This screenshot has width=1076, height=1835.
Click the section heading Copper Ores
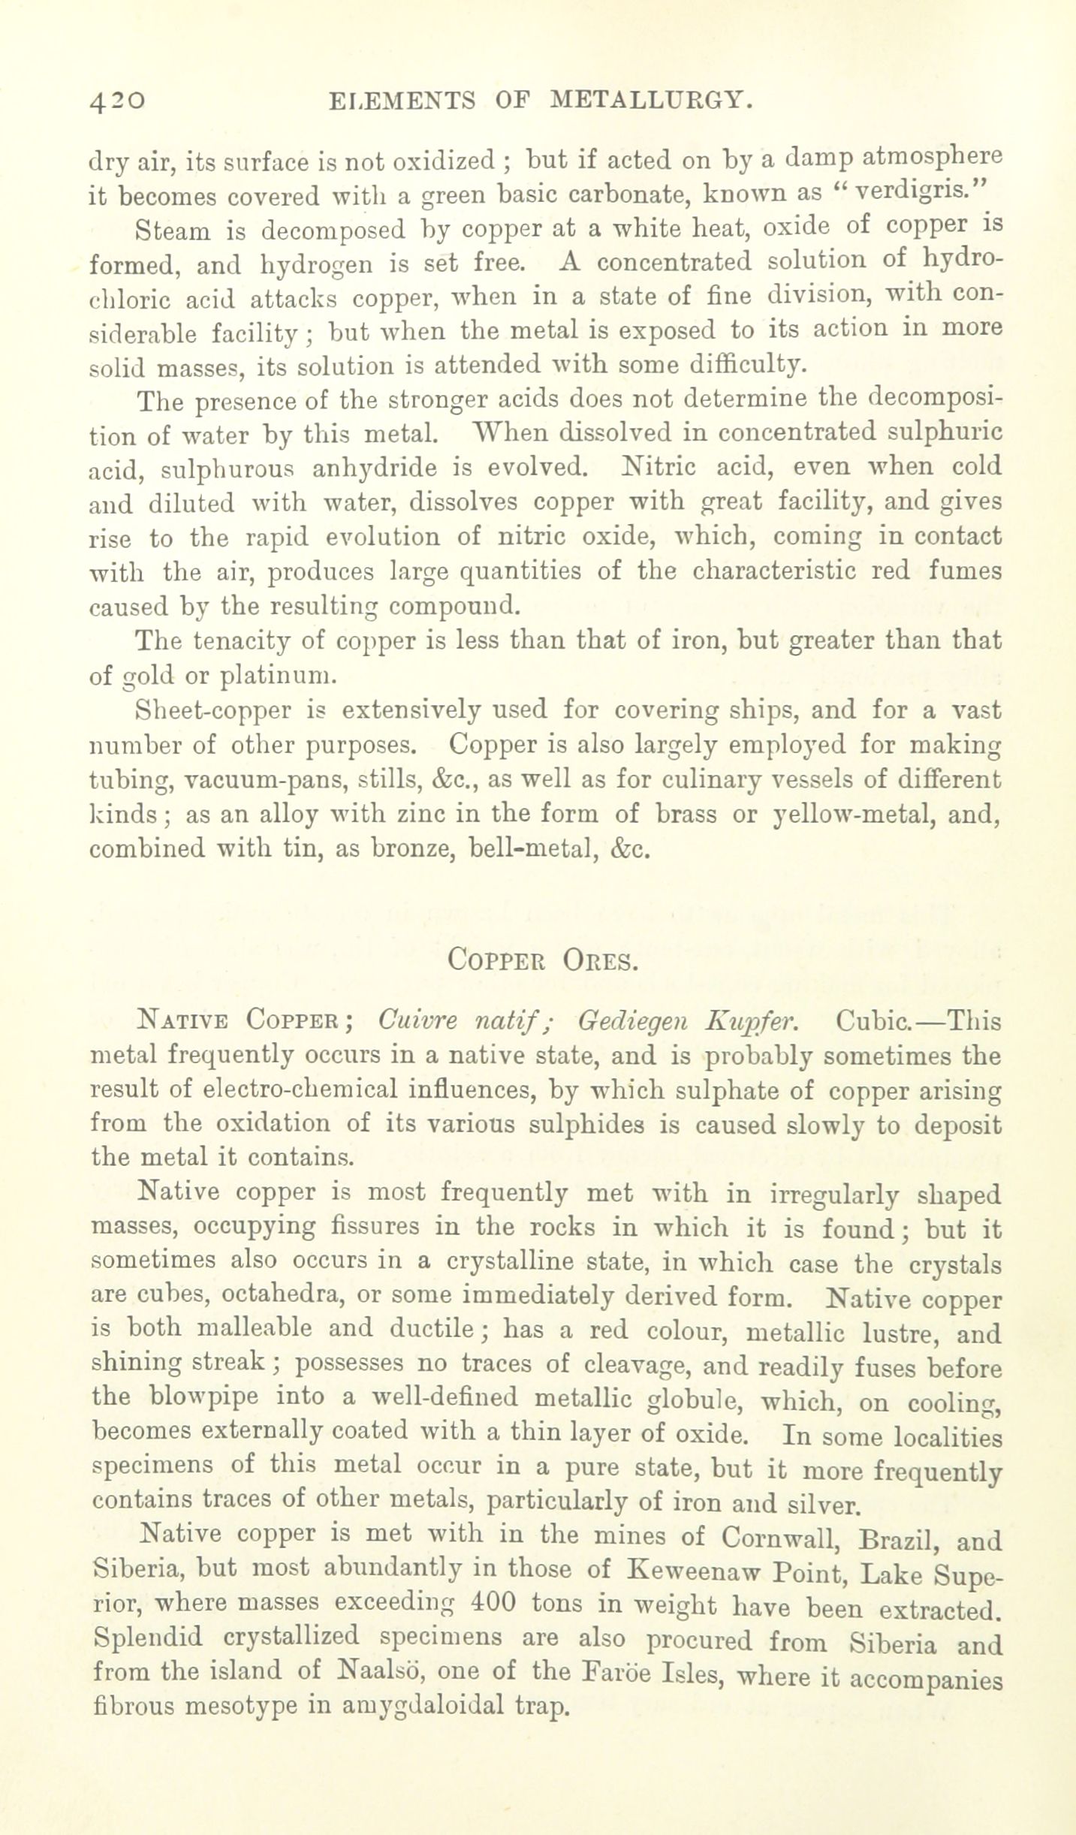[x=543, y=960]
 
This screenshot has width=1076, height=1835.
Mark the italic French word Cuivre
[x=417, y=1022]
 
